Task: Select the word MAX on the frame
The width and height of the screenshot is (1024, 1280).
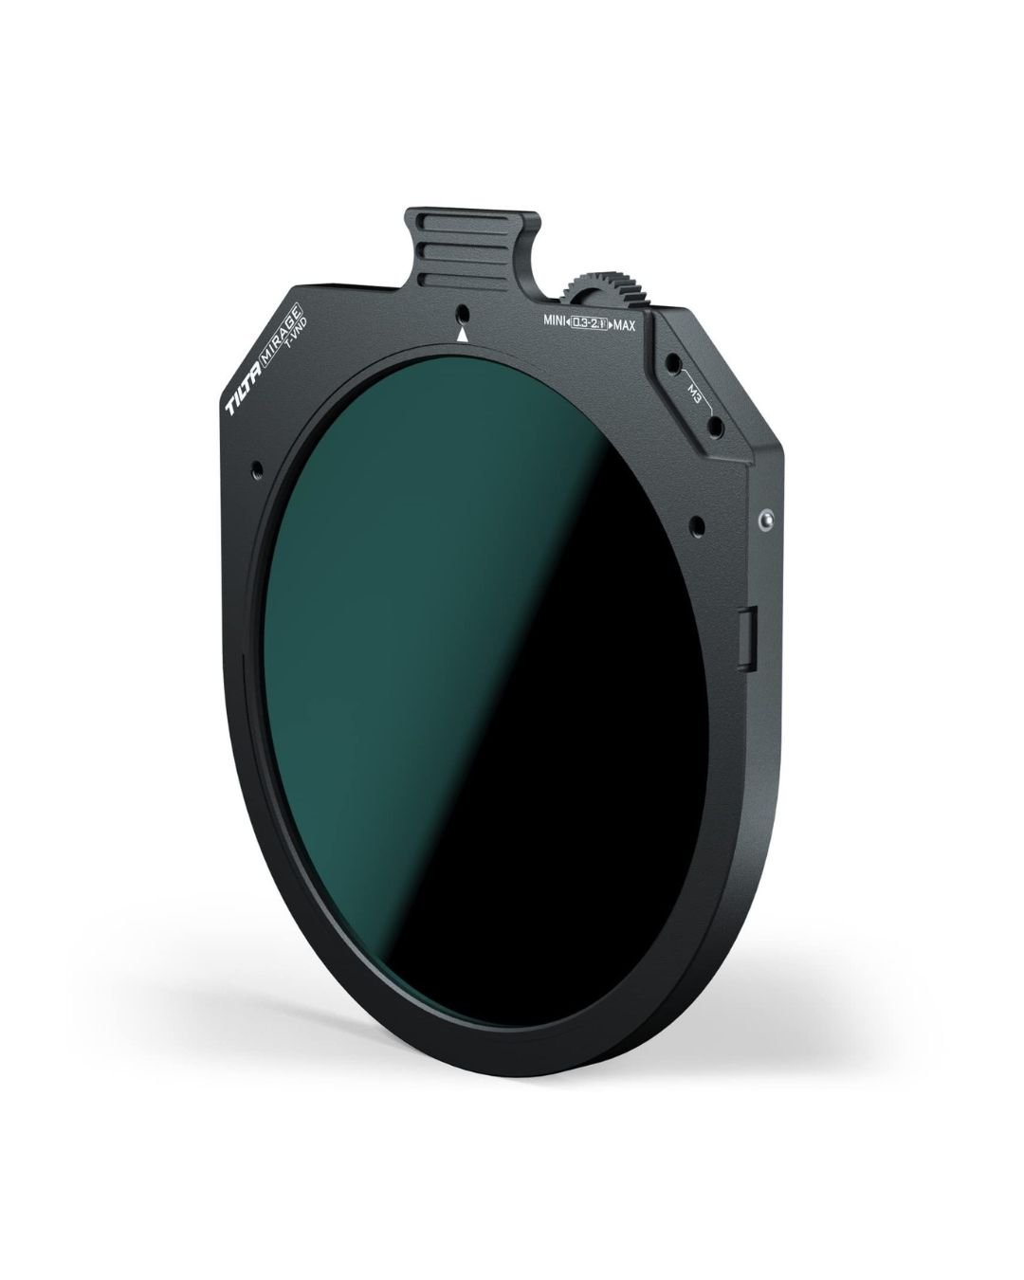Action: (624, 325)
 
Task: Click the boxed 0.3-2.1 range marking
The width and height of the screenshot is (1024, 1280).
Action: (589, 323)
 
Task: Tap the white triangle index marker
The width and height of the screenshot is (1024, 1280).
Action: (462, 336)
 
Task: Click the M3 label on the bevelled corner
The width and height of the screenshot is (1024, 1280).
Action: (694, 393)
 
